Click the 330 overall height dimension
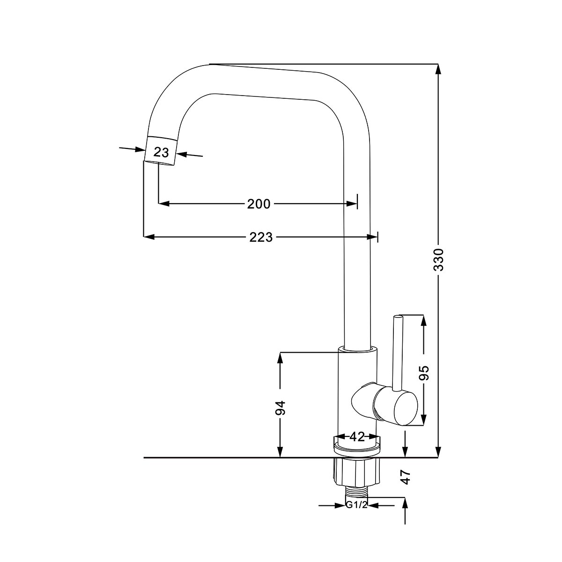(x=438, y=260)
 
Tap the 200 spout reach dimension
(x=259, y=204)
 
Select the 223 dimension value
(x=261, y=237)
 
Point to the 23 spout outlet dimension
(x=161, y=152)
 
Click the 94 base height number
(x=280, y=408)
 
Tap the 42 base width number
(x=357, y=437)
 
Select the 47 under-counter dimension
(x=406, y=477)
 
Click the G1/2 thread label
(x=356, y=505)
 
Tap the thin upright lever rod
(x=397, y=351)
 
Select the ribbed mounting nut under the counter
(x=357, y=472)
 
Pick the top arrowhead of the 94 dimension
(x=280, y=357)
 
